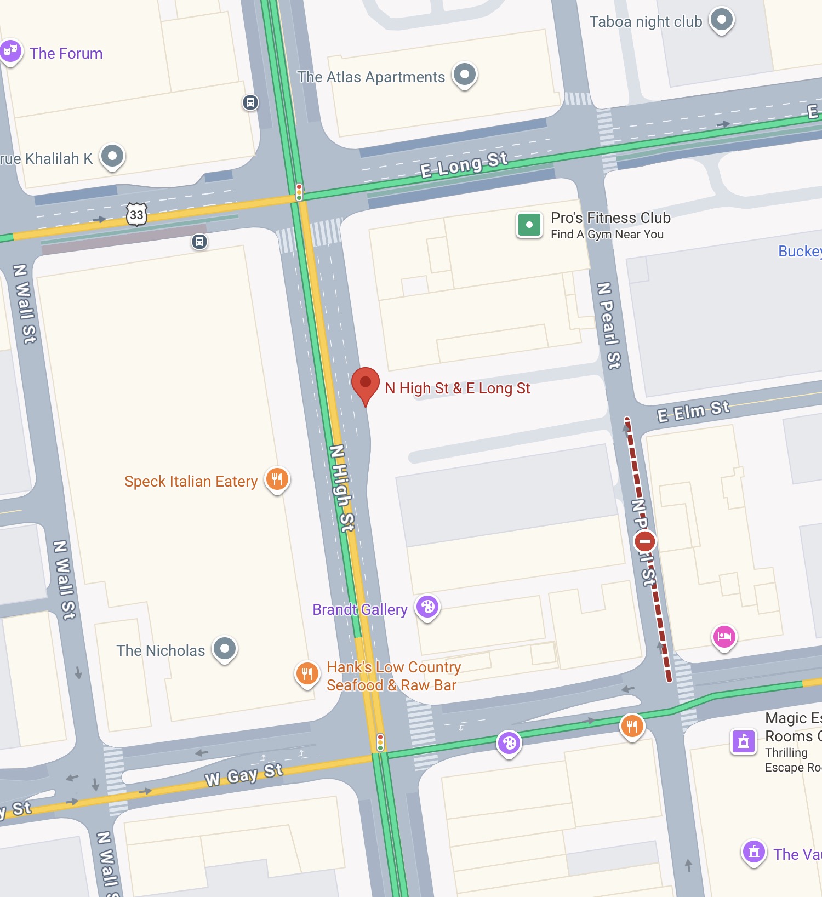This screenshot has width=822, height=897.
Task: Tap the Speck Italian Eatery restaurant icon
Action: pos(277,479)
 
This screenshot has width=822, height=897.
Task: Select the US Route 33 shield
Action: pos(136,215)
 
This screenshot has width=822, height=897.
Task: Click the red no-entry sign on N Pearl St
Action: pos(644,541)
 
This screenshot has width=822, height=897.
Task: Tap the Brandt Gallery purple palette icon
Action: pos(427,607)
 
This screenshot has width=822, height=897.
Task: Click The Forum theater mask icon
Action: pos(10,52)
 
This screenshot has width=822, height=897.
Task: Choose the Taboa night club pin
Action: pos(722,20)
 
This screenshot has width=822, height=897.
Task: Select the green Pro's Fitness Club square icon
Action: pos(529,225)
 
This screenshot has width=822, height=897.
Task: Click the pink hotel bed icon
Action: pos(724,636)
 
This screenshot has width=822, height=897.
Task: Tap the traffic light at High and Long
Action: pos(299,192)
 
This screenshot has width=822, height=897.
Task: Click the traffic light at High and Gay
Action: pos(380,742)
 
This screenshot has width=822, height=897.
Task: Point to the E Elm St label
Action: pos(693,411)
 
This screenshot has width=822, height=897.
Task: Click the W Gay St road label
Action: pos(244,775)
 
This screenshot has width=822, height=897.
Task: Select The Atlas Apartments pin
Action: pos(465,74)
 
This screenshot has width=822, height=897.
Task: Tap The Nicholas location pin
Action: pos(225,649)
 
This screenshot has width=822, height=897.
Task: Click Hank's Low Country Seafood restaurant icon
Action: pos(307,673)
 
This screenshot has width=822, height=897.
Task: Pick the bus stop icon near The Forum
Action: pos(250,102)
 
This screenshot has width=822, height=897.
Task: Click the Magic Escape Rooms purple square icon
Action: pos(744,741)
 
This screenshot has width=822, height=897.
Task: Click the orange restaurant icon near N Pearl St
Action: pos(632,726)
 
